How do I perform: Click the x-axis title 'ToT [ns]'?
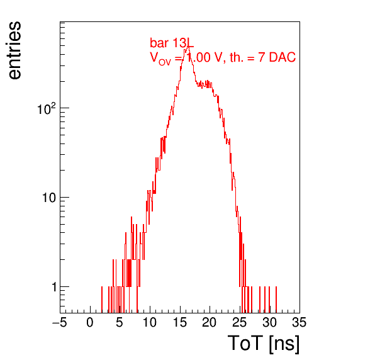(264, 343)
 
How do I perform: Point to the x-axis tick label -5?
(60, 322)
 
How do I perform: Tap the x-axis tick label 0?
(90, 322)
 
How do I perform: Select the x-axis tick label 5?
(120, 322)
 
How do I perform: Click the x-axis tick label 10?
(150, 322)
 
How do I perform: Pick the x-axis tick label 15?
(180, 322)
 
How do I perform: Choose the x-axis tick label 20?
(210, 322)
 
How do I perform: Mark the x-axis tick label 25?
(239, 322)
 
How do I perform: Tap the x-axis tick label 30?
(269, 322)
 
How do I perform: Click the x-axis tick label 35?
(299, 322)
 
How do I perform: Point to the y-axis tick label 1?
(54, 287)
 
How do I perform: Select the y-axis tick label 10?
(49, 198)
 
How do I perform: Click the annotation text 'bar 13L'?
(172, 43)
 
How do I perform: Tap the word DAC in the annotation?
(283, 57)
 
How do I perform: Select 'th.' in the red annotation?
(237, 57)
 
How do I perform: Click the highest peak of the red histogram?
(188, 45)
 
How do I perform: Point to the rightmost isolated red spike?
(276, 300)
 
